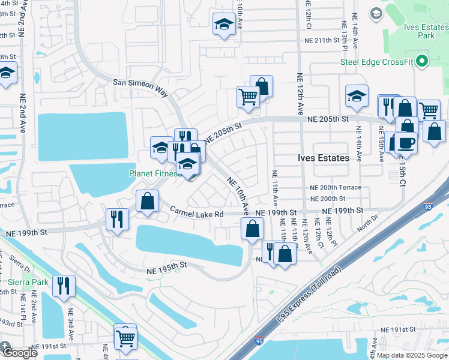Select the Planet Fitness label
tap(154, 173)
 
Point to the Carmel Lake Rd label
tap(196, 212)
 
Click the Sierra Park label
tap(28, 281)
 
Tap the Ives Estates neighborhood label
tap(324, 158)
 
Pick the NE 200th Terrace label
tap(336, 187)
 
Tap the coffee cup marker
tap(406, 143)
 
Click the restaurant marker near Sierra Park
tap(63, 286)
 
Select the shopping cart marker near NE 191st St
tap(125, 338)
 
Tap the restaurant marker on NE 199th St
tap(116, 219)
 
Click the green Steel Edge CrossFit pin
tap(422, 61)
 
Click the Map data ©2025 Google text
tap(412, 355)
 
